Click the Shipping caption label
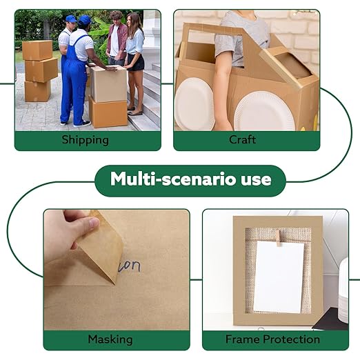85,140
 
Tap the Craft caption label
242,140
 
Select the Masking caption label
110,339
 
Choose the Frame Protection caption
272,339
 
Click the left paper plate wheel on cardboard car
194,103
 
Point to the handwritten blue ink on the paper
129,266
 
